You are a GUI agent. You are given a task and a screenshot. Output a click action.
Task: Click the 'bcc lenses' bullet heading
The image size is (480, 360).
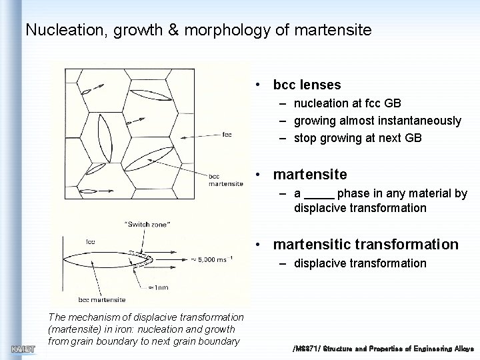[x=307, y=85]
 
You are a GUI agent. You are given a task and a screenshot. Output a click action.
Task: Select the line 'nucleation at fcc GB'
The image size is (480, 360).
[x=347, y=103]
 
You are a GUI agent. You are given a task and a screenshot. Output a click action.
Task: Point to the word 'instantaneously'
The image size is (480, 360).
[x=421, y=121]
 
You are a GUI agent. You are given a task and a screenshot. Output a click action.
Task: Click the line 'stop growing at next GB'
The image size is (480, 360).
[x=357, y=139]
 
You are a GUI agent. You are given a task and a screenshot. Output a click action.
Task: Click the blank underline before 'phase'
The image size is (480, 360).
[x=319, y=194]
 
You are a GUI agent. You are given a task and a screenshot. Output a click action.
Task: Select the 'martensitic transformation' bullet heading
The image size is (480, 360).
[x=365, y=245]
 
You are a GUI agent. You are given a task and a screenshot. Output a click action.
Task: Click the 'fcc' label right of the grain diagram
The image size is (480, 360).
[x=227, y=135]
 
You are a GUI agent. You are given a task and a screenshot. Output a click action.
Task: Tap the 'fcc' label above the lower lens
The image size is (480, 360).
[x=89, y=241]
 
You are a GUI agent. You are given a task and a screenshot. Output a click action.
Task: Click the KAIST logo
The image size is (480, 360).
[x=23, y=349]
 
